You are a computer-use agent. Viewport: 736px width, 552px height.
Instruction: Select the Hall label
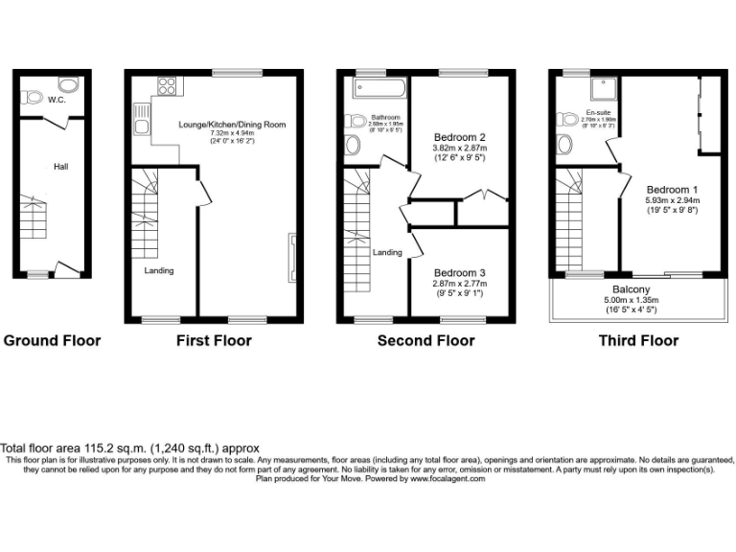[60, 167]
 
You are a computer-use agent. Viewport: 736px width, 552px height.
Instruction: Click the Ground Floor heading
[52, 340]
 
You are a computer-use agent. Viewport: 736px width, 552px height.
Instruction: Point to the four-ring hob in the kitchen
[166, 86]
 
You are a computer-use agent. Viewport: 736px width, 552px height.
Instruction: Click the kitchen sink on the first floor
[141, 126]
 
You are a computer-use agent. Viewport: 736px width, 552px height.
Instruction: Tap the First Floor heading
[214, 340]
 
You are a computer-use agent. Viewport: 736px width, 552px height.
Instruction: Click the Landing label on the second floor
[387, 252]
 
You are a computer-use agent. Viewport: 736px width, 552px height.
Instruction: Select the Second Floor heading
[425, 340]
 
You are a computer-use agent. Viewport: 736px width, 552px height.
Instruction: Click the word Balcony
[632, 289]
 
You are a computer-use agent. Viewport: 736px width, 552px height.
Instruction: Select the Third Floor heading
[638, 340]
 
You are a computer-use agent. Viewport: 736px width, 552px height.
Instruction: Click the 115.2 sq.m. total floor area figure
[119, 448]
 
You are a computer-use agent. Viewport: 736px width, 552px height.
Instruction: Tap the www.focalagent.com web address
[448, 478]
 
